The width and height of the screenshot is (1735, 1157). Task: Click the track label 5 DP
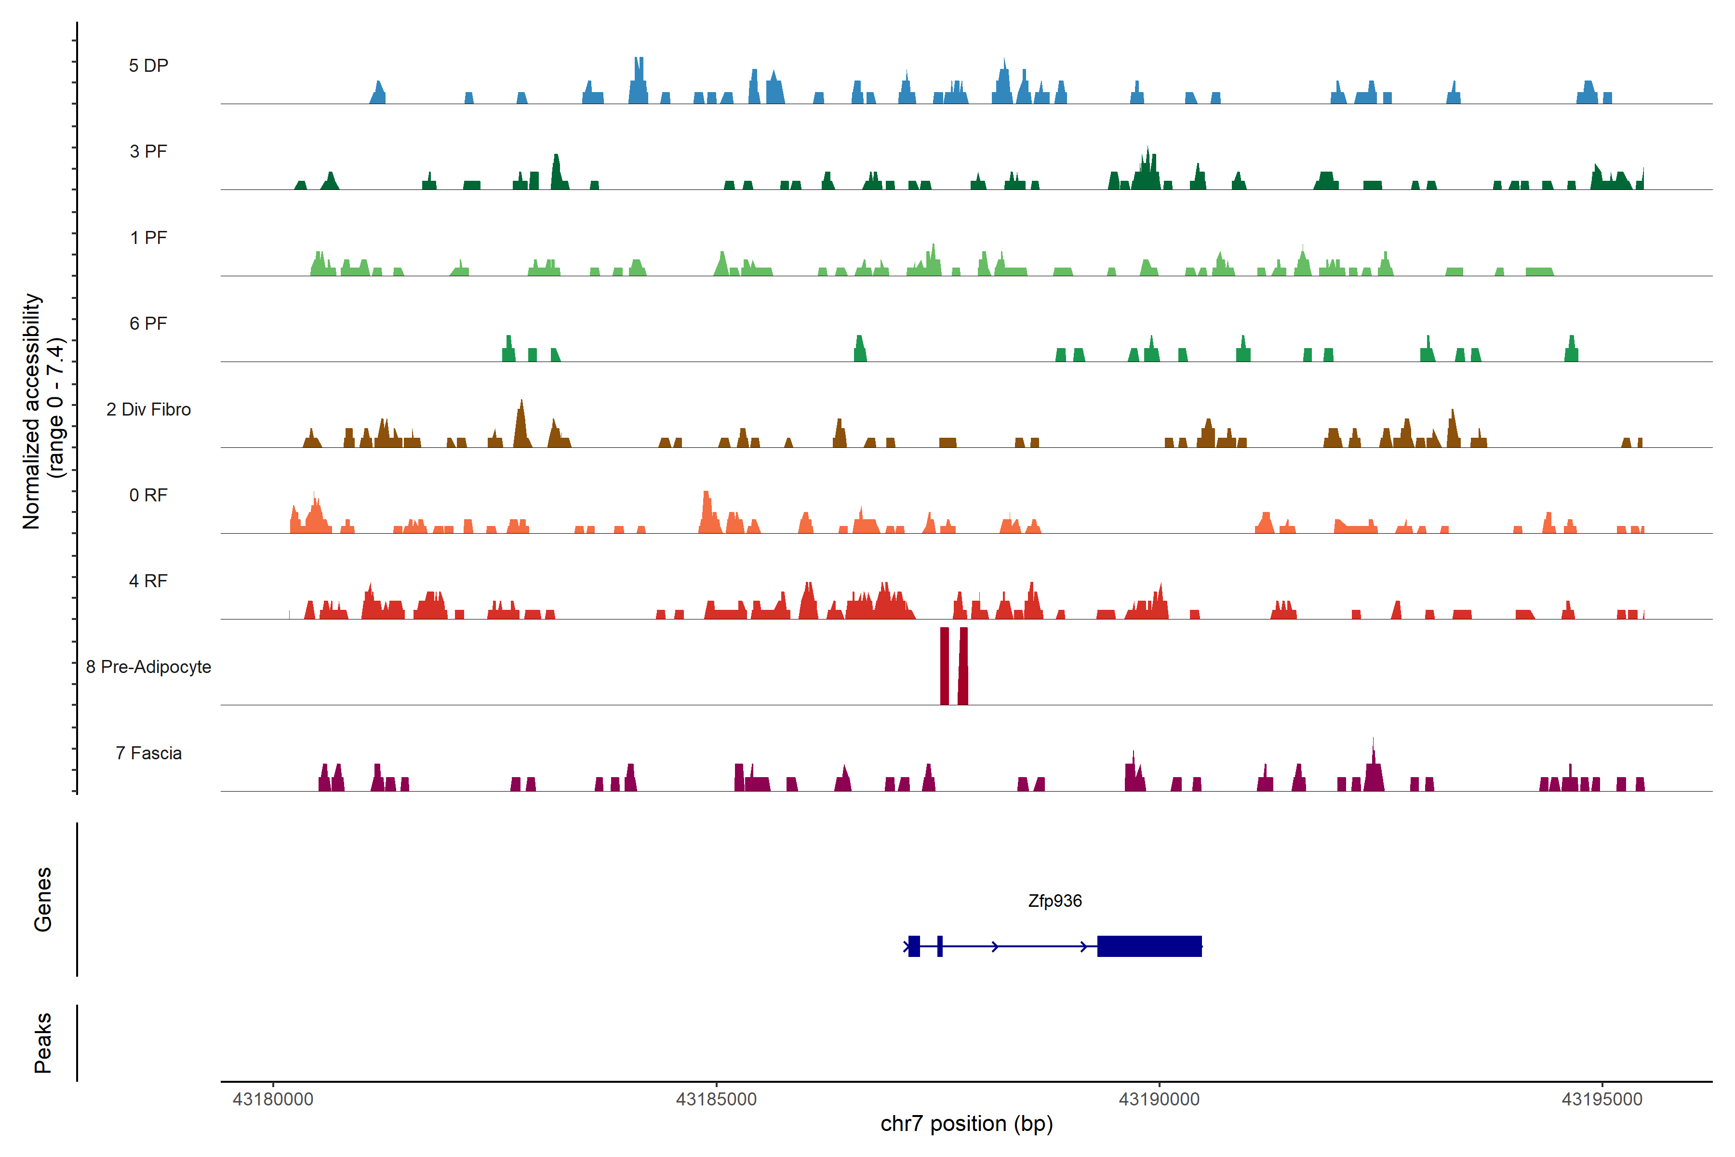[148, 66]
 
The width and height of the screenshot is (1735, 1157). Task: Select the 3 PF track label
[148, 151]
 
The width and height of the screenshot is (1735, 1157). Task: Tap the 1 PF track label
[148, 238]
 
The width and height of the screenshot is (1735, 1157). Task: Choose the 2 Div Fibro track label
[148, 409]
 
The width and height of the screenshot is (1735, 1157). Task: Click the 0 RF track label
[148, 495]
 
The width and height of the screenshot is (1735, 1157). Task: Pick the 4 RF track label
[148, 581]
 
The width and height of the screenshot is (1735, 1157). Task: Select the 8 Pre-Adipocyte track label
[148, 667]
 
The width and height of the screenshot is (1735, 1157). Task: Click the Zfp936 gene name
[1055, 901]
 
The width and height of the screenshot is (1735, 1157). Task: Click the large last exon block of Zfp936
[1149, 946]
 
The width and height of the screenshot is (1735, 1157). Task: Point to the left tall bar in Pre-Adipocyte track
[944, 666]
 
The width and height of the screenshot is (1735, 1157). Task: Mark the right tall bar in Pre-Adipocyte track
[962, 666]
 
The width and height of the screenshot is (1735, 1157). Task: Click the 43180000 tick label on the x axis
[273, 1100]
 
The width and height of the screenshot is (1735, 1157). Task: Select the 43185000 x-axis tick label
[716, 1100]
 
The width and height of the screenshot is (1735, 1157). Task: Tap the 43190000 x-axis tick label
[1159, 1100]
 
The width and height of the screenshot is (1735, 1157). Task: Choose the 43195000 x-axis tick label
[1602, 1100]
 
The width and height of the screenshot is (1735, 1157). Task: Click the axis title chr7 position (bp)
[966, 1124]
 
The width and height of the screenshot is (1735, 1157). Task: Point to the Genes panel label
[43, 900]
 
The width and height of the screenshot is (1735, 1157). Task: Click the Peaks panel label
[43, 1043]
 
